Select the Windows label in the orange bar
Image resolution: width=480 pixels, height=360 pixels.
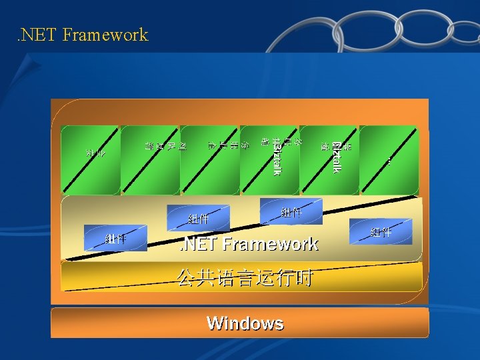(245, 323)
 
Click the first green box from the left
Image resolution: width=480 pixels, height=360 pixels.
(90, 159)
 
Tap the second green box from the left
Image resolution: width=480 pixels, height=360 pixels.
(150, 159)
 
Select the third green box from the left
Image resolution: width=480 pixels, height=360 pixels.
(209, 159)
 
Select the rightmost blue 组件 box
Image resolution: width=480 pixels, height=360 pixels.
(381, 231)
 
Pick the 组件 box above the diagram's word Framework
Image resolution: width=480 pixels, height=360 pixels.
(291, 212)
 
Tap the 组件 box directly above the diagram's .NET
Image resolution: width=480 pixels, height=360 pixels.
(198, 217)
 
